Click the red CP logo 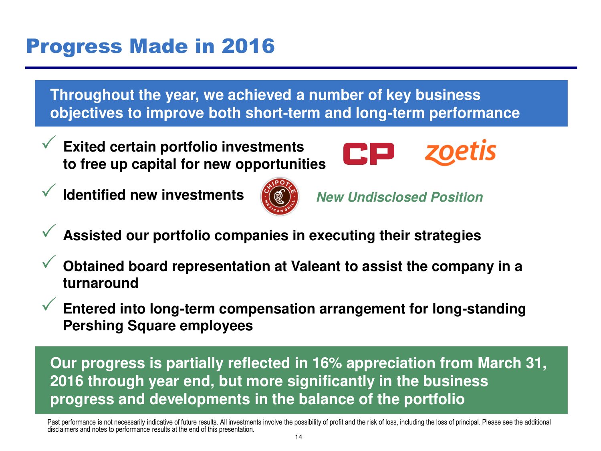[369, 154]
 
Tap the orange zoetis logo [460, 152]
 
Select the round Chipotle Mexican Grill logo [280, 196]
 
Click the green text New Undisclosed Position [399, 197]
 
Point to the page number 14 [298, 437]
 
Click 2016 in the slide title [248, 46]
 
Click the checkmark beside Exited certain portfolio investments [49, 142]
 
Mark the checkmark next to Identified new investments [49, 190]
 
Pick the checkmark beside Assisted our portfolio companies [49, 231]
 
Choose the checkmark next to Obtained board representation [49, 261]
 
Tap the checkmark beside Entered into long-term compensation [49, 304]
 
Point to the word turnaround [101, 283]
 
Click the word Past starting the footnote [53, 422]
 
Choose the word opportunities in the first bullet [280, 165]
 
